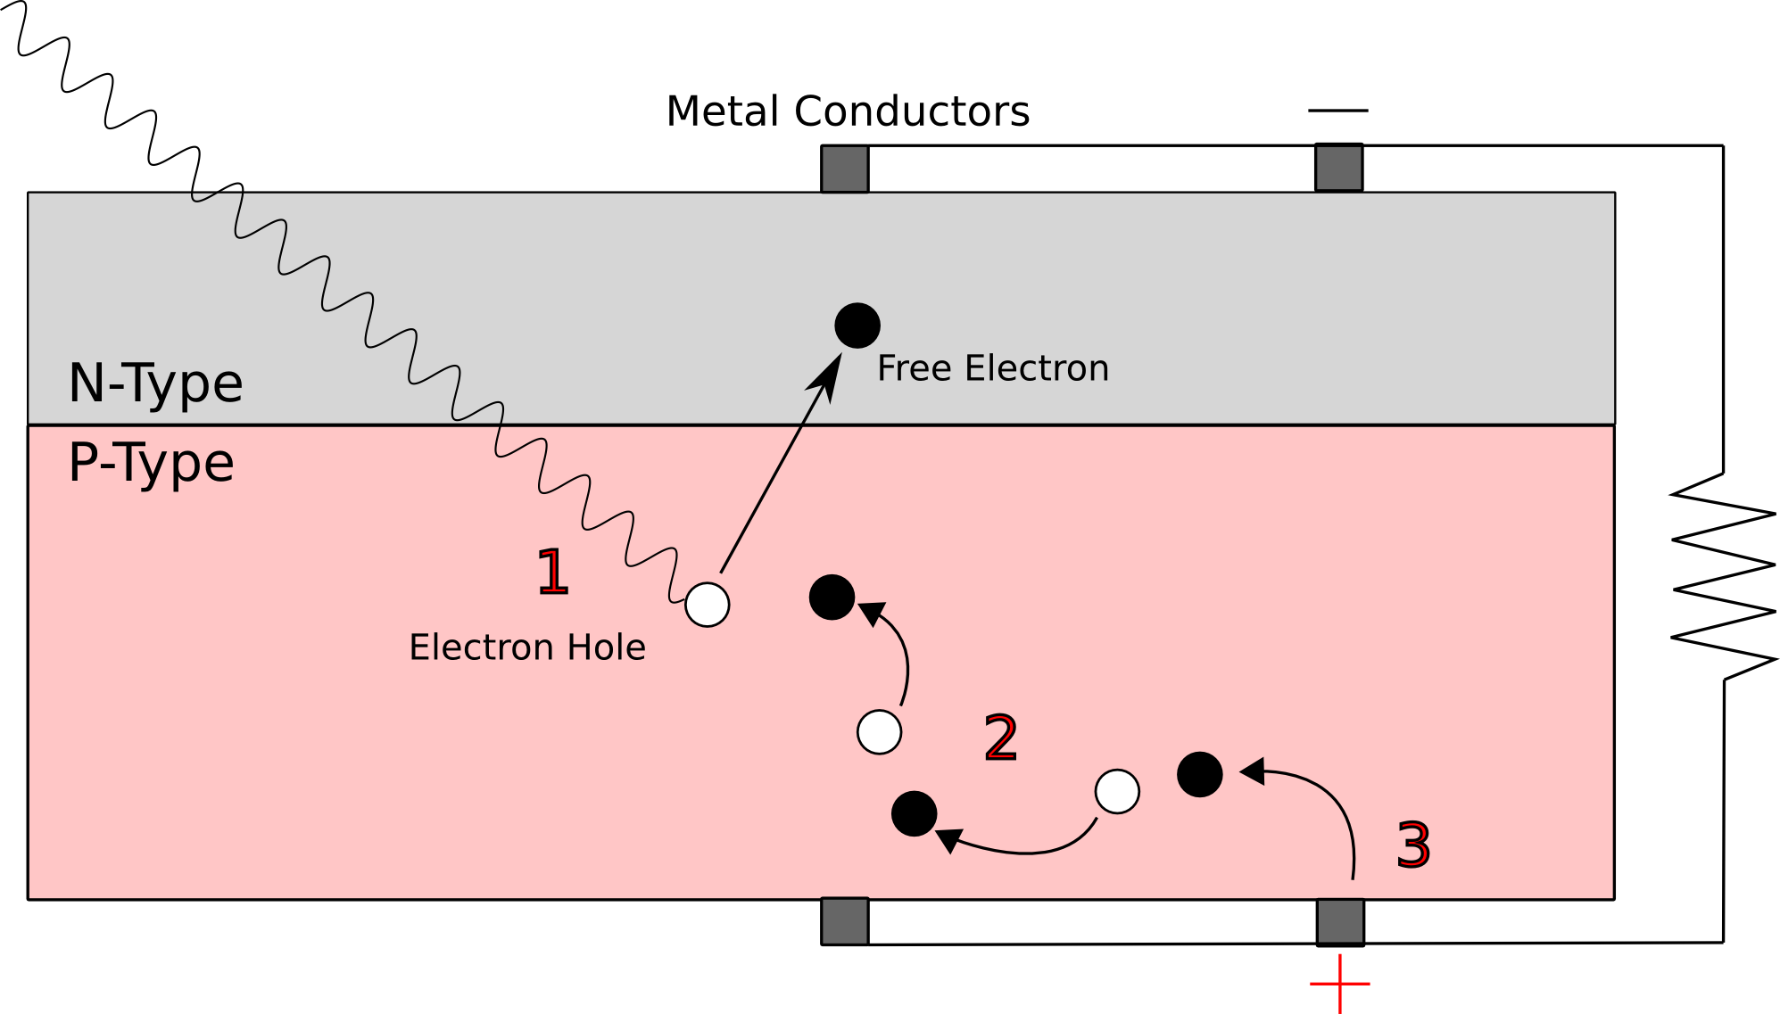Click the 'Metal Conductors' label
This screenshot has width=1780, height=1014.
pyautogui.click(x=848, y=111)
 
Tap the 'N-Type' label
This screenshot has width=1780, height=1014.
pyautogui.click(x=155, y=383)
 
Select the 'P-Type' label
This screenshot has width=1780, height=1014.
pyautogui.click(x=151, y=463)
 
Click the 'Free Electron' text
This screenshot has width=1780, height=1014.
pyautogui.click(x=992, y=368)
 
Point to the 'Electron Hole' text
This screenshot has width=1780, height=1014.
pyautogui.click(x=526, y=647)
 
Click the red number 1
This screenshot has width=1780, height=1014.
pyautogui.click(x=552, y=572)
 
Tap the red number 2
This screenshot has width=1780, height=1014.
pyautogui.click(x=1000, y=738)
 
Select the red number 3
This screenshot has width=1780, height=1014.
pyautogui.click(x=1413, y=845)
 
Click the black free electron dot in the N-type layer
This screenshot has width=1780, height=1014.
pyautogui.click(x=857, y=326)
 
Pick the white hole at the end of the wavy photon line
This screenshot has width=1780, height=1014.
pyautogui.click(x=707, y=605)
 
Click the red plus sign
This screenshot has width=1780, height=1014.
pyautogui.click(x=1339, y=984)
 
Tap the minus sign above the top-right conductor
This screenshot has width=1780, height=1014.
pyautogui.click(x=1337, y=111)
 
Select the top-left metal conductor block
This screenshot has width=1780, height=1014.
pyautogui.click(x=845, y=169)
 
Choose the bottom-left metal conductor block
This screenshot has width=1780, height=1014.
pyautogui.click(x=845, y=921)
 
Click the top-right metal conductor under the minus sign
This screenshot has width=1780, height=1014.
pyautogui.click(x=1338, y=168)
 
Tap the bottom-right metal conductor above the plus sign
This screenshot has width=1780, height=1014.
pyautogui.click(x=1340, y=921)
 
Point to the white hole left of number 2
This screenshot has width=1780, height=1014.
pyautogui.click(x=879, y=732)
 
